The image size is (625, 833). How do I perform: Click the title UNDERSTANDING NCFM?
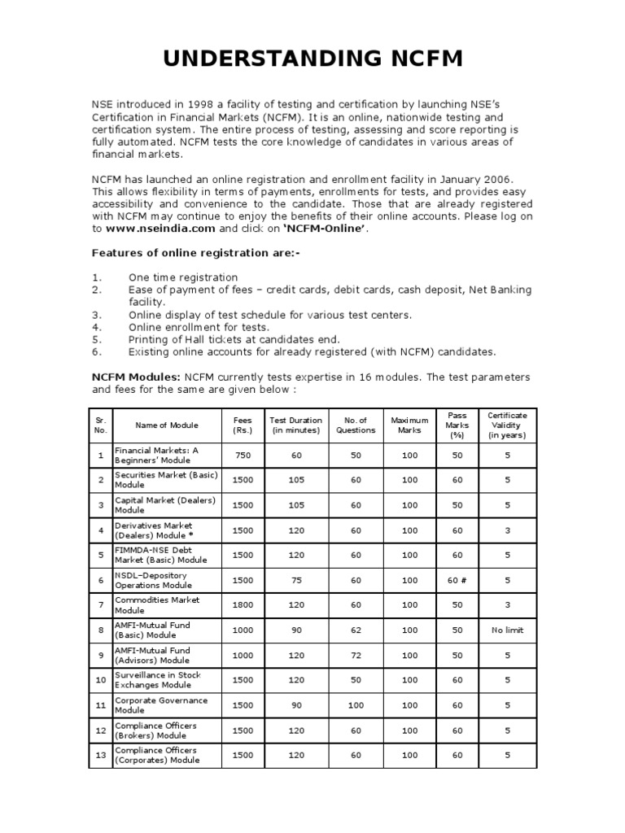point(312,59)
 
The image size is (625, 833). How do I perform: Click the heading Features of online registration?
point(195,253)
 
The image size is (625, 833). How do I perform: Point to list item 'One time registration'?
point(183,277)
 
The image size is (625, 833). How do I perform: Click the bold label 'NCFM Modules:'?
point(134,377)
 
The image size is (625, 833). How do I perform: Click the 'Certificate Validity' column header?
point(507,425)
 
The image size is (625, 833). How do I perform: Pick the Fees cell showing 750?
point(243,456)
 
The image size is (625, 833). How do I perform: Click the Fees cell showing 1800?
point(243,605)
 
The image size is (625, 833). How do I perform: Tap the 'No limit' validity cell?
point(507,630)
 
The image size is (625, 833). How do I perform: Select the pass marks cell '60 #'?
point(457,580)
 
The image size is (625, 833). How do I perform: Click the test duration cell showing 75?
point(296,580)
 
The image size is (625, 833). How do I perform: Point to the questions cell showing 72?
point(356,655)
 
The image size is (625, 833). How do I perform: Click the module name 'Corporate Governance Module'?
point(160,704)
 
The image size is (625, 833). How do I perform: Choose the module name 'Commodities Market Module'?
point(156,605)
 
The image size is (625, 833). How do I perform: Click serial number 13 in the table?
point(100,755)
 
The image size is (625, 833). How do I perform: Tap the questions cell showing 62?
point(356,630)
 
